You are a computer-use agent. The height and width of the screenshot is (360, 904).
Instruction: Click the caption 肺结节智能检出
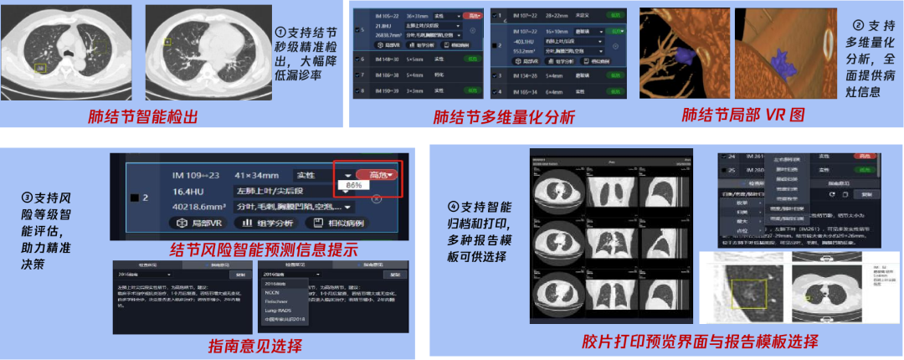click(x=141, y=116)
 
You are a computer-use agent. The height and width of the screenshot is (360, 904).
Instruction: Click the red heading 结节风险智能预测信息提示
click(x=264, y=249)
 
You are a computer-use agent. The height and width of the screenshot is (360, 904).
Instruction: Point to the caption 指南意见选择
click(x=256, y=345)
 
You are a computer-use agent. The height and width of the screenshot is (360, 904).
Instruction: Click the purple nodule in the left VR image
click(x=683, y=55)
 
